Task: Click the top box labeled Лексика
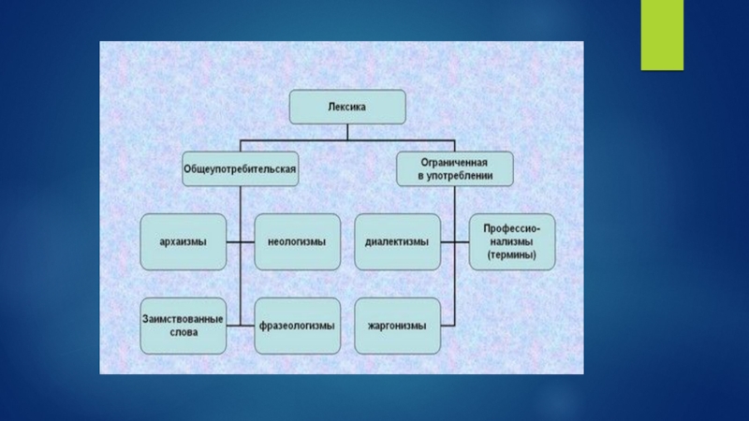click(346, 108)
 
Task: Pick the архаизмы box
click(184, 241)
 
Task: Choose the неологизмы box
click(296, 241)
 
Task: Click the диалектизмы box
click(397, 241)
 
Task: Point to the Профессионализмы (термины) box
click(511, 241)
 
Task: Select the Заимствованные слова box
click(184, 325)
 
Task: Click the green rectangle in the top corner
click(663, 34)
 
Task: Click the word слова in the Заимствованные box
click(184, 331)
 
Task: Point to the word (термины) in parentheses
click(511, 254)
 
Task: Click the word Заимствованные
click(184, 318)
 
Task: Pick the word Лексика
click(346, 108)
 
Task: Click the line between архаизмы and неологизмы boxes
click(241, 241)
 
